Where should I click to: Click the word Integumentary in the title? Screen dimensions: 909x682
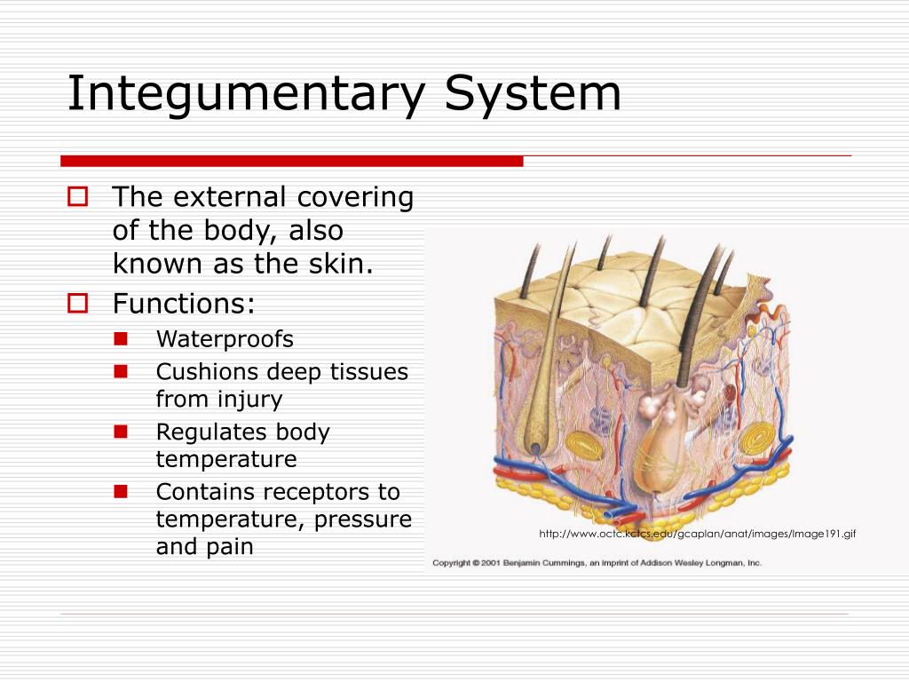pyautogui.click(x=248, y=95)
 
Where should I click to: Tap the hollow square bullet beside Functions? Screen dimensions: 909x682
pyautogui.click(x=77, y=304)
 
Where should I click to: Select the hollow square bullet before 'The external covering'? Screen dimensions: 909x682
pyautogui.click(x=77, y=196)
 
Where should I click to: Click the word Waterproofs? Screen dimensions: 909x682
pyautogui.click(x=225, y=339)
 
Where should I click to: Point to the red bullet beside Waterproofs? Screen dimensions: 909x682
pyautogui.click(x=122, y=338)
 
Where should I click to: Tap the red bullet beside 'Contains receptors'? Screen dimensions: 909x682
pyautogui.click(x=122, y=490)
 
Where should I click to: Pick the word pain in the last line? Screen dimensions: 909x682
pyautogui.click(x=230, y=546)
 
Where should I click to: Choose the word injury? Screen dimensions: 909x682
pyautogui.click(x=249, y=400)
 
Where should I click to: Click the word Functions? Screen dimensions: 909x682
pyautogui.click(x=184, y=304)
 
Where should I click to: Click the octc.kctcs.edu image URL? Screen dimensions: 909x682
pyautogui.click(x=697, y=534)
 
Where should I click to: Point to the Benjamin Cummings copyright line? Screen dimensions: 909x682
pyautogui.click(x=597, y=563)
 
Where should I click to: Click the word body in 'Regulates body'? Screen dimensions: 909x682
pyautogui.click(x=303, y=432)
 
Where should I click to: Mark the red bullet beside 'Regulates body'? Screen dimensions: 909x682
pyautogui.click(x=122, y=432)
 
